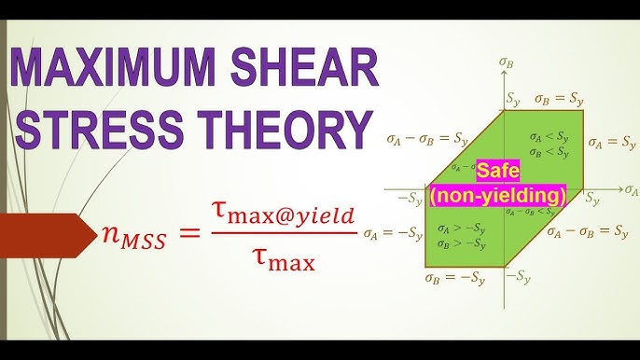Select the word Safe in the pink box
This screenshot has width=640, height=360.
(x=500, y=173)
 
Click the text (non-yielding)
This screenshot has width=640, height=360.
(x=498, y=196)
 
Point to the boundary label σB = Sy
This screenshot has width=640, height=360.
(x=560, y=97)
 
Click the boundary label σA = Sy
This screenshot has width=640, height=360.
(x=612, y=143)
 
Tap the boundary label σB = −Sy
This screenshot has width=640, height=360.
(x=458, y=278)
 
